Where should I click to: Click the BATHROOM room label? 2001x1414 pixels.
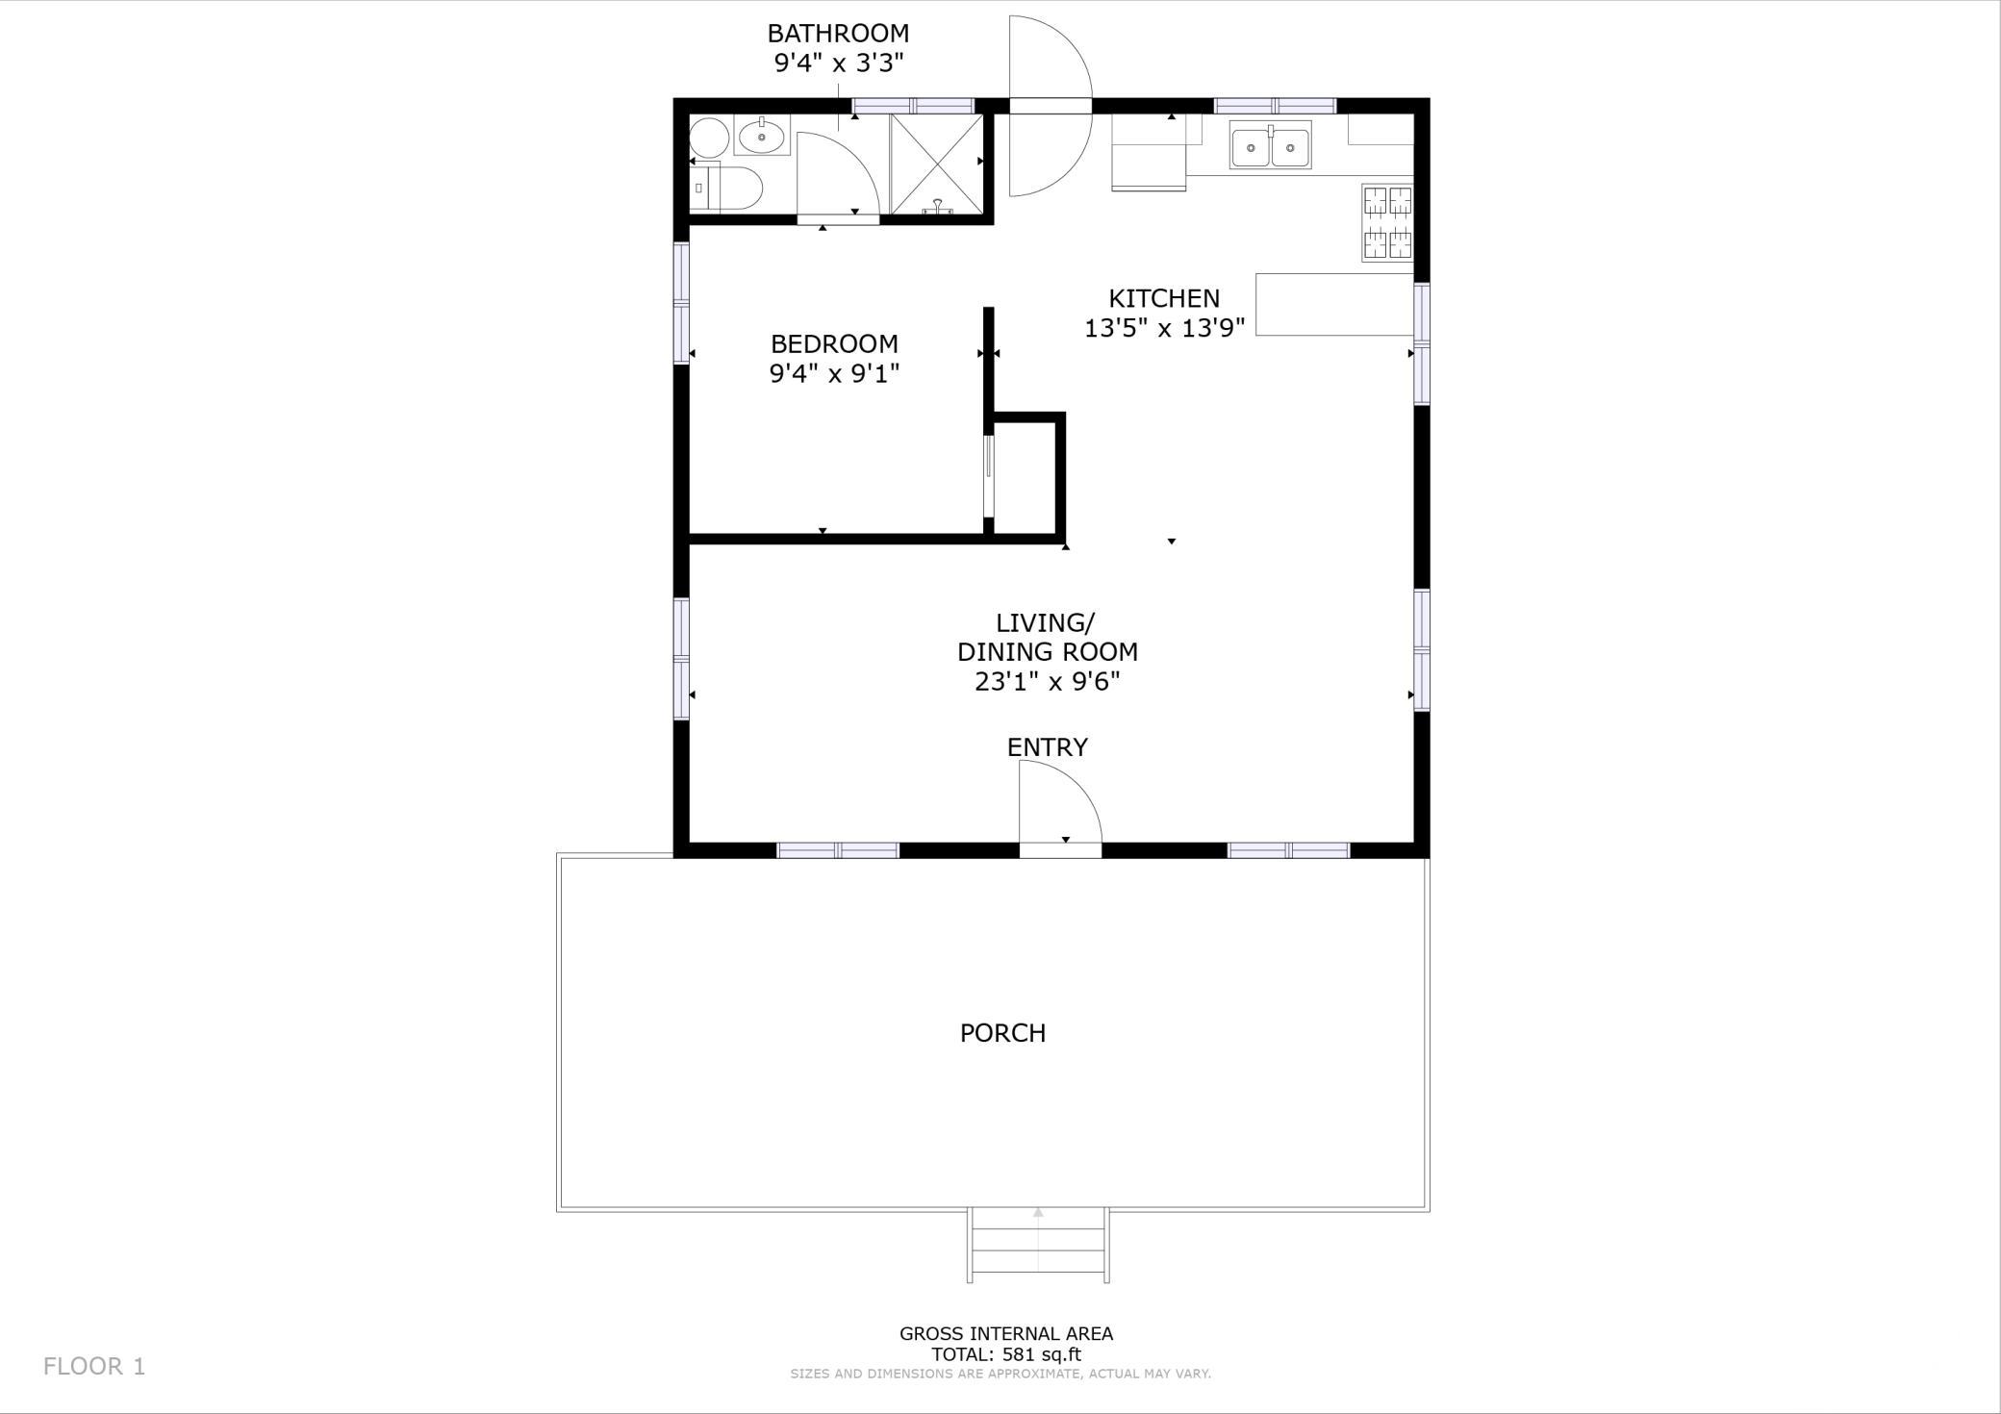coord(838,33)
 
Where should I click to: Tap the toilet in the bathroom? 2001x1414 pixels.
coord(726,188)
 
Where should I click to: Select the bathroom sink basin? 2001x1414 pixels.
coord(762,136)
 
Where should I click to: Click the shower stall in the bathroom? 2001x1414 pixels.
coord(936,164)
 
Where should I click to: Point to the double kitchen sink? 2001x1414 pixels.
coord(1270,144)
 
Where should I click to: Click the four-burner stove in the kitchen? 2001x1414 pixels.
coord(1387,222)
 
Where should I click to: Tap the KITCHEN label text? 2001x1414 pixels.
coord(1164,298)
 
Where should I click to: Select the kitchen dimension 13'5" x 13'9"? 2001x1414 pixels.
coord(1165,328)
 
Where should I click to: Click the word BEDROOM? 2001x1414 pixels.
coord(834,343)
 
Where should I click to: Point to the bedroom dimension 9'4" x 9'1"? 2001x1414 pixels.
coord(834,373)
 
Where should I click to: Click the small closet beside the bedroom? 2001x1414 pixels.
coord(1026,476)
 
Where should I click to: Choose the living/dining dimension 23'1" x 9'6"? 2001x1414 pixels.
coord(1048,682)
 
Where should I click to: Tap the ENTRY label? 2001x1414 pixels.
coord(1048,747)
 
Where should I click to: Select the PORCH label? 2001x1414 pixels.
coord(1002,1033)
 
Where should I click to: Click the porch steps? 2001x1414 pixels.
coord(1038,1245)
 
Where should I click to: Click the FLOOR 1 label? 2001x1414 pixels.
coord(94,1366)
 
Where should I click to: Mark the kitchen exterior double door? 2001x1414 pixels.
coord(1050,106)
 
